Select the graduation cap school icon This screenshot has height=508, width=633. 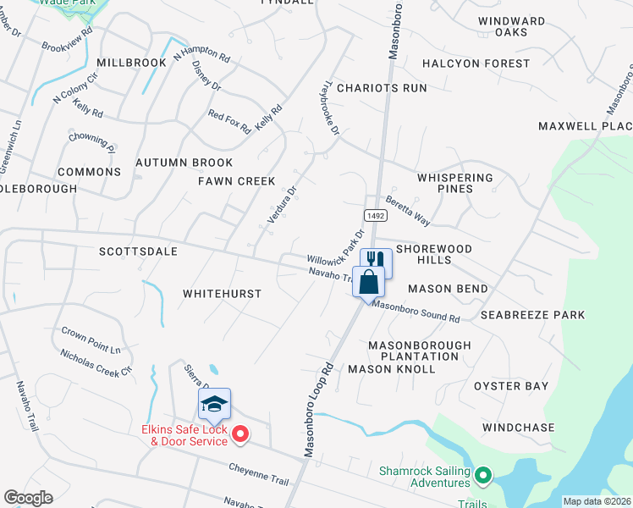214,404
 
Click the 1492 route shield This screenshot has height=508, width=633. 377,216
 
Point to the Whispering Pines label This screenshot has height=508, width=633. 454,183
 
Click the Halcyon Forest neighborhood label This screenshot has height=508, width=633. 476,63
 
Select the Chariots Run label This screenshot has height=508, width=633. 382,88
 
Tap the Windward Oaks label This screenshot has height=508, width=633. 511,26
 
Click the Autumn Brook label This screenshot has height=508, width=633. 184,163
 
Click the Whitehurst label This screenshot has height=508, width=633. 223,294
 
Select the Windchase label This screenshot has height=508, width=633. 520,428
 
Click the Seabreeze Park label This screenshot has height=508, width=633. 532,315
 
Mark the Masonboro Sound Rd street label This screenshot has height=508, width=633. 416,312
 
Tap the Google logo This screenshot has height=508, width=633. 28,498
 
